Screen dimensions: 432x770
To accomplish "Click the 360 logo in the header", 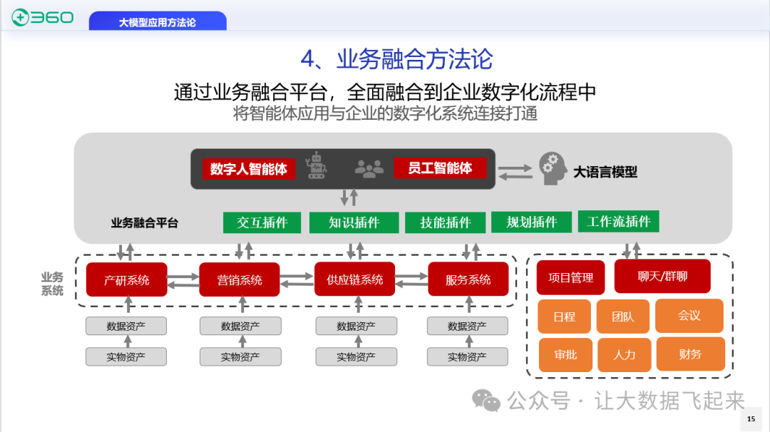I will (x=43, y=16).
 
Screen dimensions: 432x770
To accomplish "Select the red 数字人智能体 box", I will (x=248, y=169).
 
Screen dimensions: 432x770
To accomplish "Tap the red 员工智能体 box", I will (x=440, y=168).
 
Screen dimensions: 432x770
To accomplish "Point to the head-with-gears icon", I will (x=553, y=168).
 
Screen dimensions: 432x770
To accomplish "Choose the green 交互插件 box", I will (x=262, y=222).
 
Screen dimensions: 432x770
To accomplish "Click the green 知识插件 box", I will (x=354, y=222).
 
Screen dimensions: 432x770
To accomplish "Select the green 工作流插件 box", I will (x=618, y=222).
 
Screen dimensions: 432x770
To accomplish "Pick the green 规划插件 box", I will (x=531, y=222).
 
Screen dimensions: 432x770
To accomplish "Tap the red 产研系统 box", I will (x=126, y=279).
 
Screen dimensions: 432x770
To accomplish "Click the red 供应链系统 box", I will (x=354, y=279).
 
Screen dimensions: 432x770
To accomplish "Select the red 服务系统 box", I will (x=468, y=279).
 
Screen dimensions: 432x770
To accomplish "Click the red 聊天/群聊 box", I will (x=662, y=276).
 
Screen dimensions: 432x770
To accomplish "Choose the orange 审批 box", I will (x=565, y=354).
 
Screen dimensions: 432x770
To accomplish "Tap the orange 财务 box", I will (x=689, y=354).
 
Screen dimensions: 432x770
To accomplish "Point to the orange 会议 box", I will (x=689, y=315).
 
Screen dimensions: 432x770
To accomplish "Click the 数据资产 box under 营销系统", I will (x=240, y=326).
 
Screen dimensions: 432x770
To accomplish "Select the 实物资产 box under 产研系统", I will (x=126, y=357).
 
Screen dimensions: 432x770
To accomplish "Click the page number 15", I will (x=751, y=419).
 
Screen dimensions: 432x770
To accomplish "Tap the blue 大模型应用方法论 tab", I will (x=158, y=21).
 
